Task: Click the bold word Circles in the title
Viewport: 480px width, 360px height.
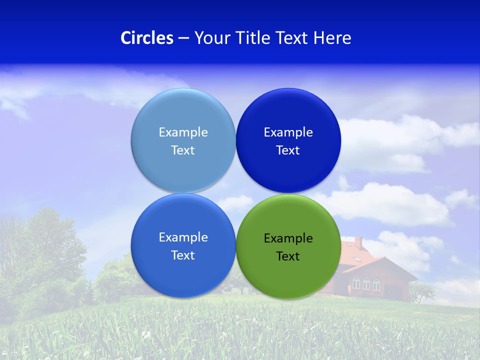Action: tap(147, 38)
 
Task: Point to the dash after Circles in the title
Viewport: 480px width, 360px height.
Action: tap(183, 38)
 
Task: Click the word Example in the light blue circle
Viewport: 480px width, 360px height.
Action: tap(183, 132)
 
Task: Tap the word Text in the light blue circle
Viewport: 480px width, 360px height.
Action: tap(183, 150)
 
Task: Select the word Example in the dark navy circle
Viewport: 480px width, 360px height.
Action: tap(288, 132)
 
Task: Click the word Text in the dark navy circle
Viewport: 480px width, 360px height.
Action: tap(288, 150)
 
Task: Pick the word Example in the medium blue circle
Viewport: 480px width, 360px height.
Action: tap(183, 237)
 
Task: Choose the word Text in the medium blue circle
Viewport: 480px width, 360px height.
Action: tap(183, 255)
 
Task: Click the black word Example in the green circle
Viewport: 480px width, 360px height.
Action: tap(288, 238)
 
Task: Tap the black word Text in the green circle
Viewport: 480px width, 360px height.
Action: tap(288, 256)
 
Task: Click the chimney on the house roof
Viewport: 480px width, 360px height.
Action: tap(358, 242)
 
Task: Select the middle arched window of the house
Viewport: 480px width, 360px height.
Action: tap(366, 284)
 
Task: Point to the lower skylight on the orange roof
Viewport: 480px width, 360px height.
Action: tap(357, 259)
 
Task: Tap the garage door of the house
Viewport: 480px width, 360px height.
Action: tap(393, 291)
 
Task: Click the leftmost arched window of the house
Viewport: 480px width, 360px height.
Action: tap(356, 283)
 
